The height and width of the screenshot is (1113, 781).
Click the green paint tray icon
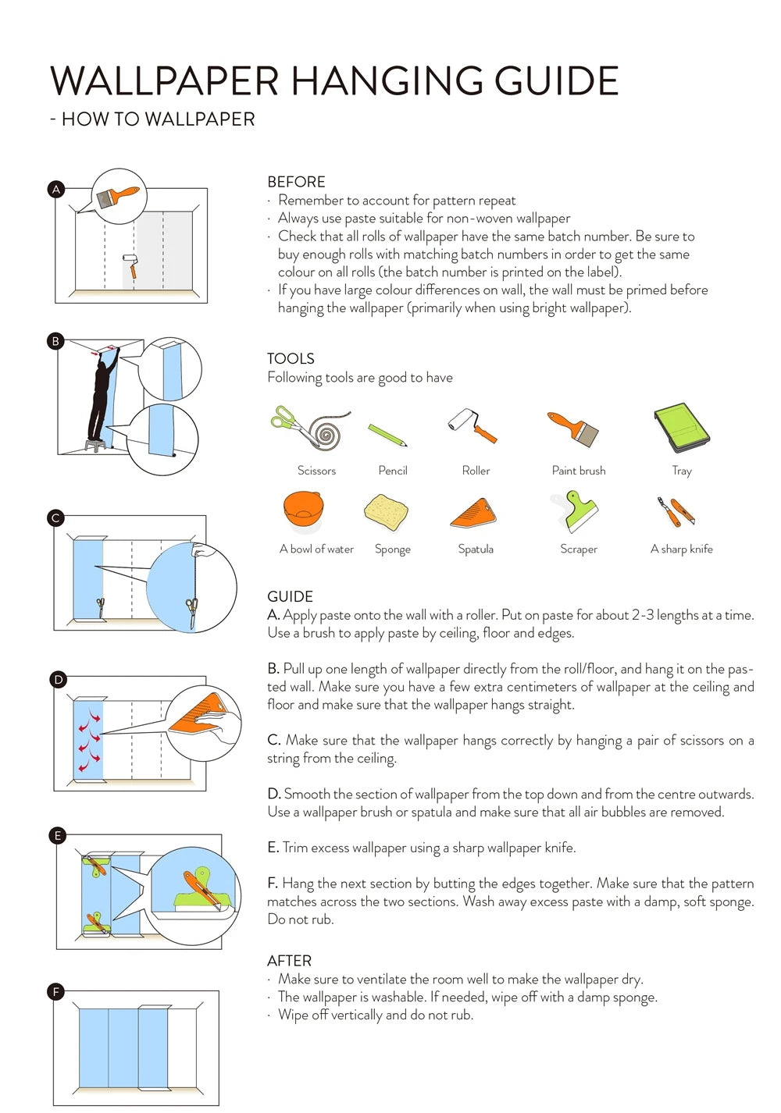click(x=682, y=427)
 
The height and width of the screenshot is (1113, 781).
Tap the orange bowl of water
click(x=303, y=510)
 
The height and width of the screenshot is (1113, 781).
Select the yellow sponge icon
click(x=386, y=512)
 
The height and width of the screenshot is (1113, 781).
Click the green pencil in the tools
click(x=387, y=434)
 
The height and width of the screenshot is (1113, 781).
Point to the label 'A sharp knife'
click(x=681, y=549)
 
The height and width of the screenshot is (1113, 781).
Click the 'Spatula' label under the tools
click(x=476, y=549)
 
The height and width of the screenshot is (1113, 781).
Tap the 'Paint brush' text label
click(x=579, y=471)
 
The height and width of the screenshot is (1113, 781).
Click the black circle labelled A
click(x=57, y=190)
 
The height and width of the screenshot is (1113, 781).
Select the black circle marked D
click(x=58, y=679)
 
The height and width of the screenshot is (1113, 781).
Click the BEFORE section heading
click(x=296, y=182)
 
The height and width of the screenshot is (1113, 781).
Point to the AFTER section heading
click(x=289, y=961)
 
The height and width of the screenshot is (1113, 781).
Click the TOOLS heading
click(x=291, y=359)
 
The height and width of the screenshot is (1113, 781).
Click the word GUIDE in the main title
click(x=556, y=80)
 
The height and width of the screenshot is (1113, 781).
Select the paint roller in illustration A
click(x=130, y=266)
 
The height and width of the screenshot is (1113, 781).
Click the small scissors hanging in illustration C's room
click(x=101, y=607)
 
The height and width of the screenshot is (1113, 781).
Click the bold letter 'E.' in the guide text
click(x=273, y=847)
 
